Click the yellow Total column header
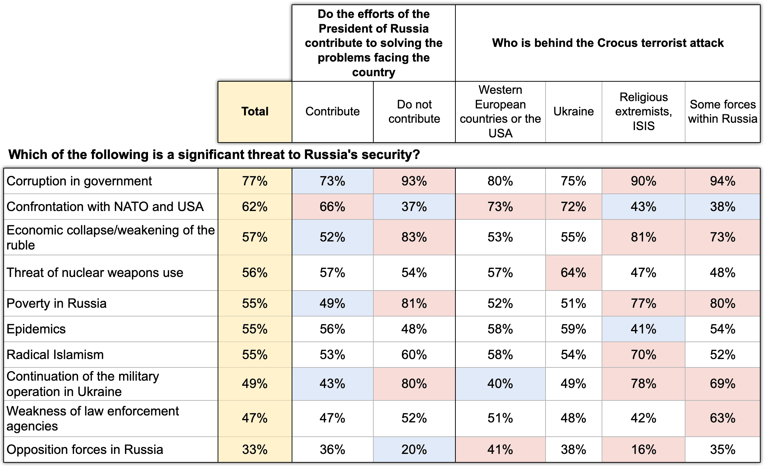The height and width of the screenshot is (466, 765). pyautogui.click(x=255, y=112)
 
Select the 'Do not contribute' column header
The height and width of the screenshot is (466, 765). pyautogui.click(x=414, y=112)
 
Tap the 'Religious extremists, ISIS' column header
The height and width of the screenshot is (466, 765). pyautogui.click(x=643, y=112)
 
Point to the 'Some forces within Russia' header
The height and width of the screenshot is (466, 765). pyautogui.click(x=722, y=112)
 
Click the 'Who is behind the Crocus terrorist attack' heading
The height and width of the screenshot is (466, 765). pyautogui.click(x=608, y=43)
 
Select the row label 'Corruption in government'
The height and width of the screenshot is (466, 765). pyautogui.click(x=79, y=181)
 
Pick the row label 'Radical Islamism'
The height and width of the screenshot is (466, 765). pyautogui.click(x=55, y=355)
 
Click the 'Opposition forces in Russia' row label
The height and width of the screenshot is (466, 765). pyautogui.click(x=85, y=450)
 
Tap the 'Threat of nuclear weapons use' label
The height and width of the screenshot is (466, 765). pyautogui.click(x=95, y=273)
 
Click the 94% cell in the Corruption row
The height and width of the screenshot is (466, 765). pyautogui.click(x=722, y=181)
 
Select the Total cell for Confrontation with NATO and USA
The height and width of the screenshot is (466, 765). pyautogui.click(x=255, y=207)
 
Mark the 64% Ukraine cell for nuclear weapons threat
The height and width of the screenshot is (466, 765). pyautogui.click(x=574, y=273)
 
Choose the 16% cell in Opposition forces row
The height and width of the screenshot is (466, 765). pyautogui.click(x=643, y=450)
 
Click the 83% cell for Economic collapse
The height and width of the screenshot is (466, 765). pyautogui.click(x=414, y=237)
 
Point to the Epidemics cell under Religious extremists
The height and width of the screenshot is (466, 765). pyautogui.click(x=643, y=329)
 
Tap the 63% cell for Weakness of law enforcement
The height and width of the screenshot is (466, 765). pyautogui.click(x=722, y=418)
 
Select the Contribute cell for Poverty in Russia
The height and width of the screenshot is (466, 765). pyautogui.click(x=332, y=303)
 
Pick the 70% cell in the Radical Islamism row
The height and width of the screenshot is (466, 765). pyautogui.click(x=643, y=355)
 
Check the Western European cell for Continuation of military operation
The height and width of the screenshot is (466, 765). pyautogui.click(x=500, y=384)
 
